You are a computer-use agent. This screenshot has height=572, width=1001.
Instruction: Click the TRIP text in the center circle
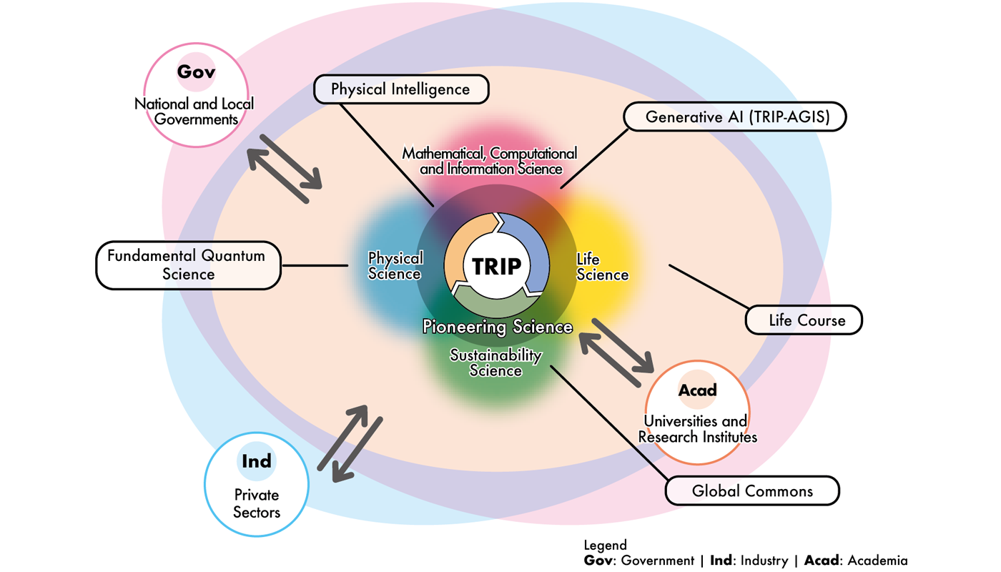click(497, 266)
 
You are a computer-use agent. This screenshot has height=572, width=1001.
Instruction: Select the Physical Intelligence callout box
click(401, 90)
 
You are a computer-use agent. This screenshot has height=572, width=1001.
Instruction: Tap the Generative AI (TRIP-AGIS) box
click(735, 117)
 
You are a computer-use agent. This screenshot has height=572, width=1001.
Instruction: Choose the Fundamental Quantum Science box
click(188, 265)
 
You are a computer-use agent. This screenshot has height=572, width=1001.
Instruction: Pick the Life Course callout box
click(804, 320)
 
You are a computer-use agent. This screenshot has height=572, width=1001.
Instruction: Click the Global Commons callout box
click(752, 491)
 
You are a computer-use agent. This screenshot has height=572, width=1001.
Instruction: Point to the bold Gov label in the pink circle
click(196, 72)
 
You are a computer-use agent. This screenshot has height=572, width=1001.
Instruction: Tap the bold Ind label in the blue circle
click(257, 461)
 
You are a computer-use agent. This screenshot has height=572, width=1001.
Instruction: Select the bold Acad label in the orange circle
click(697, 390)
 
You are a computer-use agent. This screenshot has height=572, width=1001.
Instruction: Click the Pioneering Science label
click(498, 327)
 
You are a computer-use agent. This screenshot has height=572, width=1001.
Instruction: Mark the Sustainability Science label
click(495, 363)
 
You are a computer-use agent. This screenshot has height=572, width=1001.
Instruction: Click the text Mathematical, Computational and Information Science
click(490, 162)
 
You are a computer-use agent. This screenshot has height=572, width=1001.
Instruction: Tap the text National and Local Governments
click(194, 112)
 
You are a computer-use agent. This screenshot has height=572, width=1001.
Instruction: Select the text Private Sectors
click(257, 503)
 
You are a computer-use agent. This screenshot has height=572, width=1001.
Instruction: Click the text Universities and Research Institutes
click(696, 429)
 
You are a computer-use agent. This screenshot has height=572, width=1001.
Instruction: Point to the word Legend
click(605, 546)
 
